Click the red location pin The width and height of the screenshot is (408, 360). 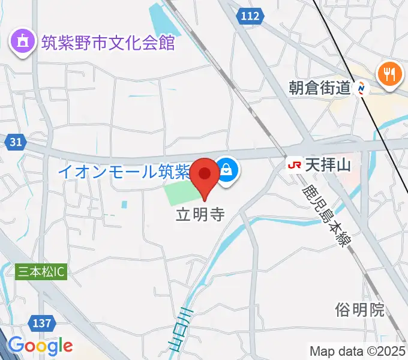pos(206,174)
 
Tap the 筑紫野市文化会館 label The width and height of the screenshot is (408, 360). pos(108,43)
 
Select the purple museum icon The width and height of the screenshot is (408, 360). pos(22,43)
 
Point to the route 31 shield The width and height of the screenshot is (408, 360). pos(17,142)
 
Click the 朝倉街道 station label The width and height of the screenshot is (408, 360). pos(319,89)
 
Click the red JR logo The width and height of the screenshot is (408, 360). pos(295,163)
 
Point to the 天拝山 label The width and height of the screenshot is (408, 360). pos(328,163)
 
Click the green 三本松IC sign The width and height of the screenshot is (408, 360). pos(41,272)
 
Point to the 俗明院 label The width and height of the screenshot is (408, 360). pos(360,310)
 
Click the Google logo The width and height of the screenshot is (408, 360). pos(40,346)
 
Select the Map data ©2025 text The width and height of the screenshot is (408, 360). pos(358,350)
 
